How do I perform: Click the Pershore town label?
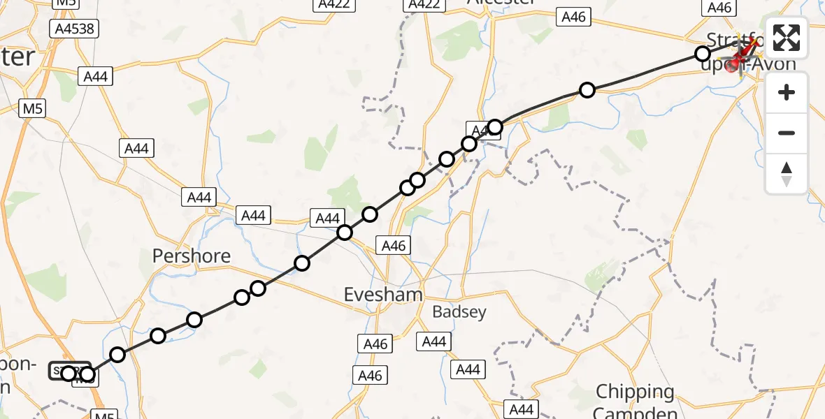(x=192, y=256)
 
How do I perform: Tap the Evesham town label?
(x=383, y=295)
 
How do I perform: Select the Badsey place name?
(x=459, y=312)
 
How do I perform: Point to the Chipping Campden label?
(x=635, y=400)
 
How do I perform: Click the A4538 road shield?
(x=75, y=29)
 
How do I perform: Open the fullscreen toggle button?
(x=787, y=38)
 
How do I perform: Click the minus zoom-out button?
(x=787, y=133)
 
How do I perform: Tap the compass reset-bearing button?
(x=787, y=174)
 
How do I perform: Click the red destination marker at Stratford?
(x=733, y=66)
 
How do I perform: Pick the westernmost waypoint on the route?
(x=68, y=374)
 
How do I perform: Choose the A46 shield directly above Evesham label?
(x=392, y=245)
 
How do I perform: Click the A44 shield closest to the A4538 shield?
(x=96, y=76)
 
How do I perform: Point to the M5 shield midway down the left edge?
(x=31, y=109)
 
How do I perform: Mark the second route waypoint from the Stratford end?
(x=587, y=89)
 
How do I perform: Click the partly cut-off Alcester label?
(x=501, y=3)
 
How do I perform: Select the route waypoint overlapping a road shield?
(x=495, y=126)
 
